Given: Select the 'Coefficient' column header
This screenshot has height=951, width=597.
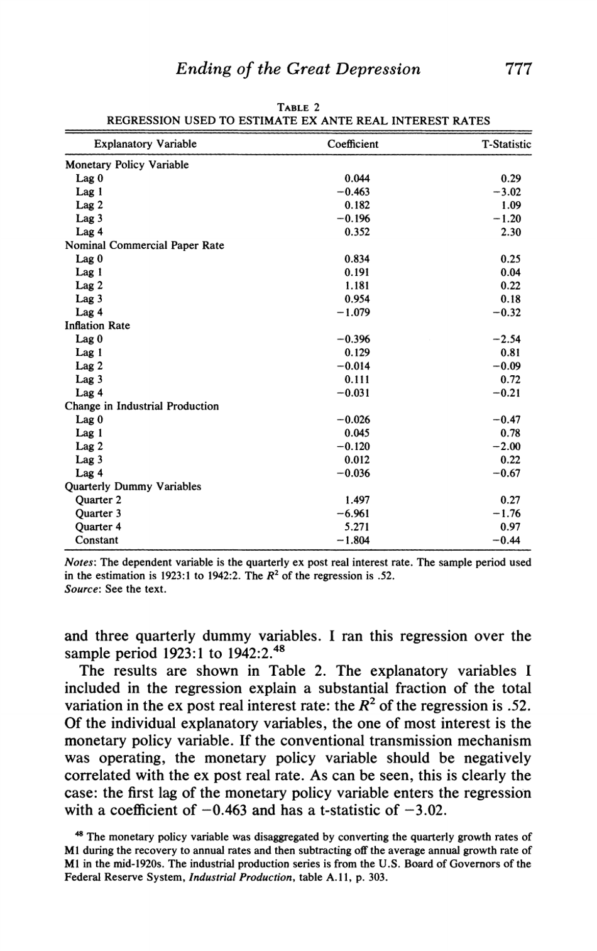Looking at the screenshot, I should click(353, 144).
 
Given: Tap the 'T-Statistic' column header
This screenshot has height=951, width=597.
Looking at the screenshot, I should click(506, 144).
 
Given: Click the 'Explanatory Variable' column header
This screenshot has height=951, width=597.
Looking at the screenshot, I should click(145, 144).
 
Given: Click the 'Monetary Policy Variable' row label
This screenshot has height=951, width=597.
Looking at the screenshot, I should click(127, 165).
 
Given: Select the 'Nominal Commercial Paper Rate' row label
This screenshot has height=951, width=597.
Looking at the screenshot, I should click(145, 245).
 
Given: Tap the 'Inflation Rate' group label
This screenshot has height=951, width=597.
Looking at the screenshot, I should click(97, 326).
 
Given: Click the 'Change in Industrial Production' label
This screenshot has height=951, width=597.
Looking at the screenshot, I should click(142, 406).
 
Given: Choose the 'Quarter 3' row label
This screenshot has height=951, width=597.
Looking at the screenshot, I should click(98, 514).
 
